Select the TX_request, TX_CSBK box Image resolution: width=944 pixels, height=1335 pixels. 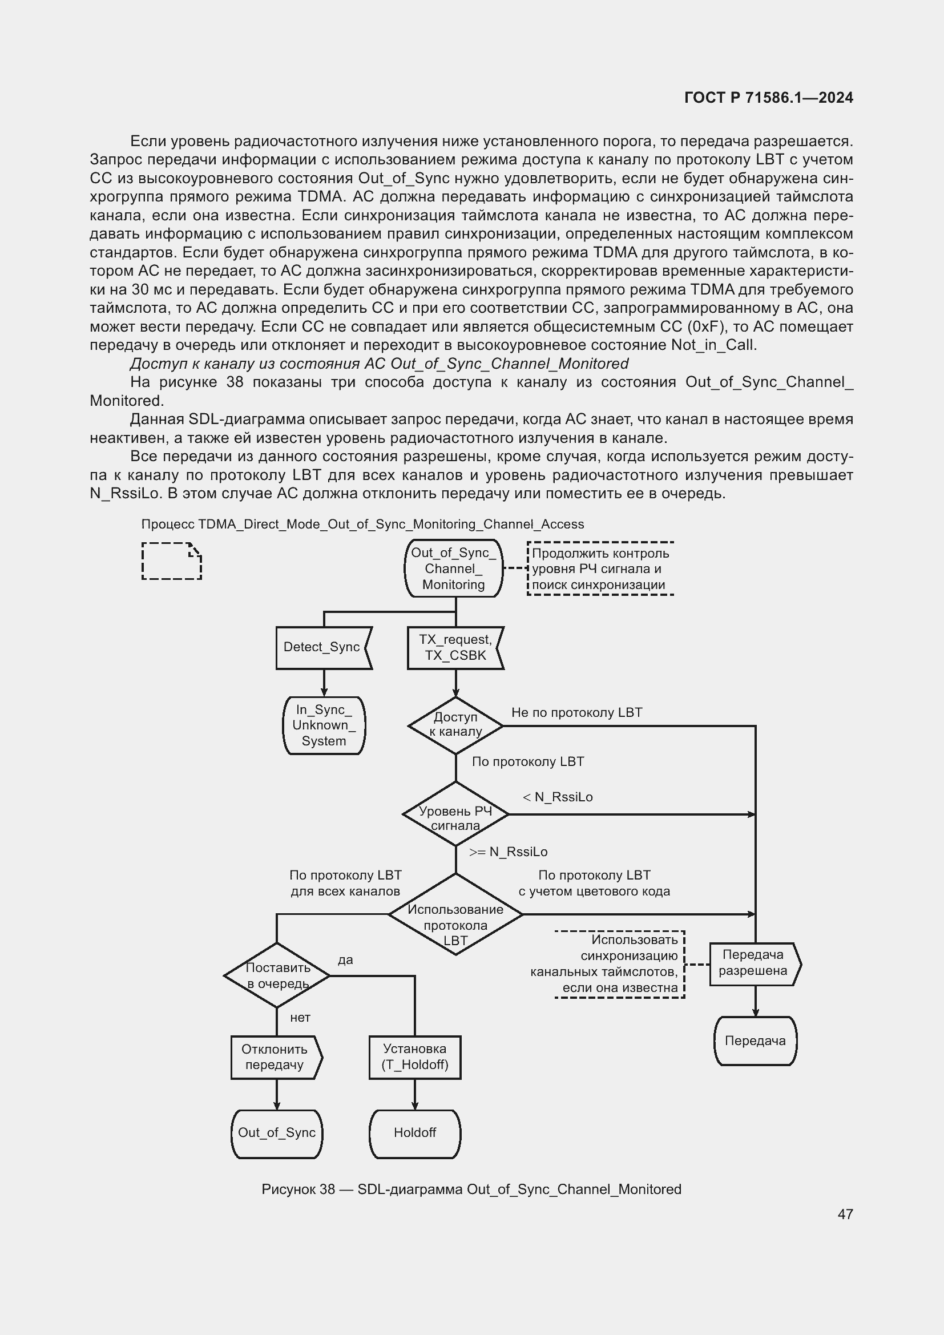tap(455, 648)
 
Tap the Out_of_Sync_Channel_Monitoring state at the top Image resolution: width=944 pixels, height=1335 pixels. tap(453, 568)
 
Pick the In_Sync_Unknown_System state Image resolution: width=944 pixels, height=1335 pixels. tap(324, 725)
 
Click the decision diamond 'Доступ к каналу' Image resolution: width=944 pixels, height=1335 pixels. tap(455, 725)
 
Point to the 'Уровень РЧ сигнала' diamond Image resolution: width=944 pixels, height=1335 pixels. tap(455, 814)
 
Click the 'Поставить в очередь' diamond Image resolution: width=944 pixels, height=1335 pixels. tap(277, 975)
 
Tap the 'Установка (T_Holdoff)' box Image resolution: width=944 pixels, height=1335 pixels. tap(414, 1057)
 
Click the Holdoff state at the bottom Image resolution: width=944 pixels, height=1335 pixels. tap(414, 1132)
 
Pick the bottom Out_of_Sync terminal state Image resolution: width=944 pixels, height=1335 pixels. tap(277, 1132)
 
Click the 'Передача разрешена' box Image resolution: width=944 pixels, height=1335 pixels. tap(754, 963)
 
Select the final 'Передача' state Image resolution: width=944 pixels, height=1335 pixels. tap(755, 1041)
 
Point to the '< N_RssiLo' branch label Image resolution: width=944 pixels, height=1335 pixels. tap(558, 797)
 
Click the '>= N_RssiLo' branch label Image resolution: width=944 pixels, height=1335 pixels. tap(508, 852)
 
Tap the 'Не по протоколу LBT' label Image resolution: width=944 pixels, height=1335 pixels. tap(576, 713)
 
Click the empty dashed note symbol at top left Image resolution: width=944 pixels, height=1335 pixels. tap(171, 561)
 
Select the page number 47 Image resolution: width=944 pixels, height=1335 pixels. tap(845, 1214)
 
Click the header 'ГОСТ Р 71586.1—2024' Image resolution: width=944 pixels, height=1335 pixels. tap(768, 98)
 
